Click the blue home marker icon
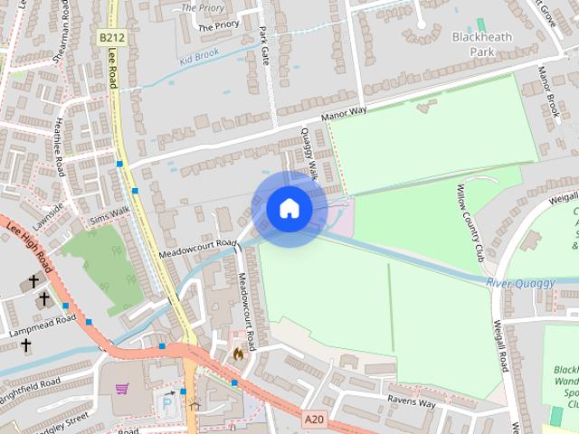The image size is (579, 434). click(x=289, y=209)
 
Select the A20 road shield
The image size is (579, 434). click(x=314, y=420)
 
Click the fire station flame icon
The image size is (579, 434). click(x=238, y=354)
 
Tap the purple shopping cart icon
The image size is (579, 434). click(x=121, y=389)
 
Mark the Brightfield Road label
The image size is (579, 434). click(x=30, y=388)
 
